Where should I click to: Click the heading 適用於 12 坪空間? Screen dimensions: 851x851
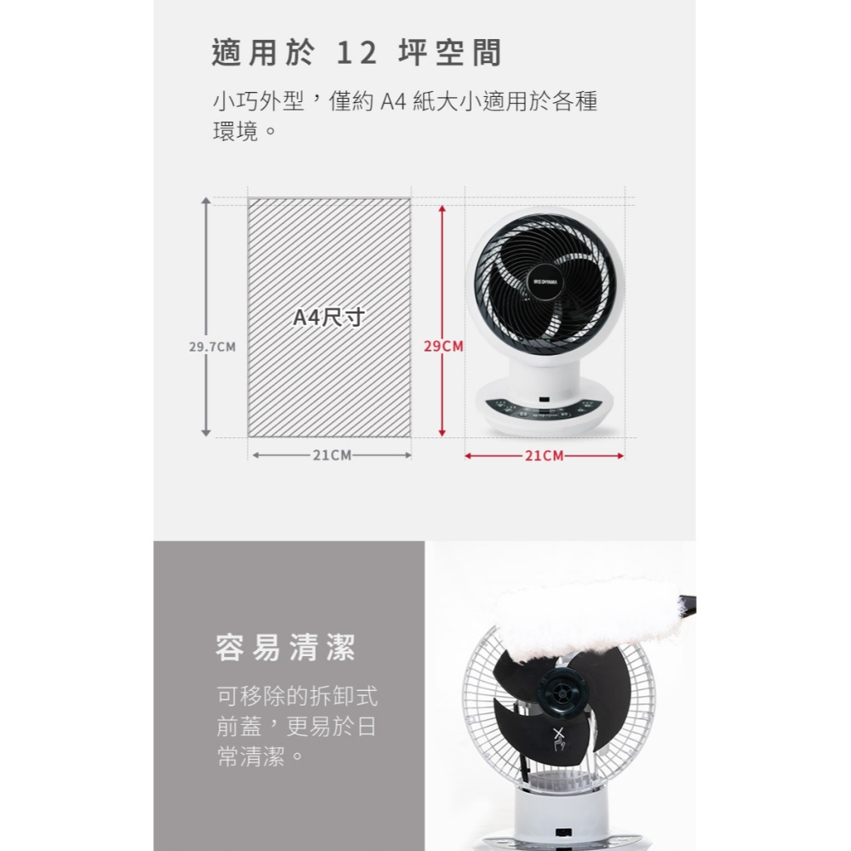[x=357, y=53]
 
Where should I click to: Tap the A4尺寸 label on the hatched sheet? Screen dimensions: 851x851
[x=328, y=318]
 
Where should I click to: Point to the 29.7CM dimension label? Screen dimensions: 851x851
[x=212, y=347]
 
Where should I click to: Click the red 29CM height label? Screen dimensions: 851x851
[x=444, y=347]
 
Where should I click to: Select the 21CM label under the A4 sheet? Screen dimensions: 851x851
[x=331, y=456]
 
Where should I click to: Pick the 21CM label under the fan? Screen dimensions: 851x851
[x=545, y=456]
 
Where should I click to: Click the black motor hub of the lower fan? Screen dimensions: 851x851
[x=563, y=689]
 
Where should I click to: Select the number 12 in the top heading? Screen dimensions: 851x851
[x=357, y=53]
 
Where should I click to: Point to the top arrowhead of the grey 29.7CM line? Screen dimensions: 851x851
[x=205, y=202]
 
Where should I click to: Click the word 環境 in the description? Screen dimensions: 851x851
[x=235, y=133]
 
